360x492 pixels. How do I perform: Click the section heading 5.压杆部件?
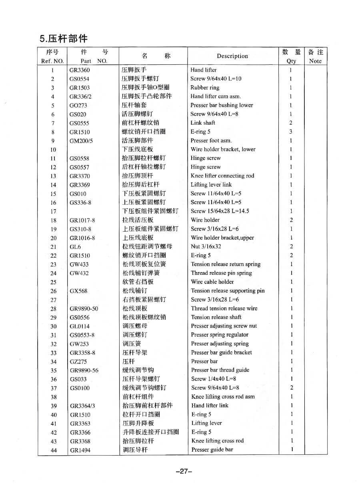click(x=63, y=39)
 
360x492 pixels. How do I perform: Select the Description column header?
click(x=232, y=56)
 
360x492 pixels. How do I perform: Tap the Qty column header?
click(x=291, y=56)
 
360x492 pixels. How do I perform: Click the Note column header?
click(x=315, y=56)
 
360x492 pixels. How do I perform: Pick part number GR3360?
click(x=80, y=70)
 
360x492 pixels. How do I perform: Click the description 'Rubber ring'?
click(x=205, y=88)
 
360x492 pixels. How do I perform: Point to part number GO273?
click(x=78, y=106)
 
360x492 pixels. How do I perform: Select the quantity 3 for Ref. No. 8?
click(x=291, y=132)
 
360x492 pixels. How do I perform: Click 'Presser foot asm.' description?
click(x=211, y=141)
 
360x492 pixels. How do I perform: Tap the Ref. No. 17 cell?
click(x=53, y=211)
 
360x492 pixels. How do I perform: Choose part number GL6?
click(x=75, y=247)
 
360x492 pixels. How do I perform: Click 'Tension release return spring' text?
click(x=226, y=264)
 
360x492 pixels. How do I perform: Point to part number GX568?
click(x=78, y=291)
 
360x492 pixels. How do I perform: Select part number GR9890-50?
click(x=84, y=309)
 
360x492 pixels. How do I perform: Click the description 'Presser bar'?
click(x=204, y=362)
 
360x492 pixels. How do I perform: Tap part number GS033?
click(x=78, y=379)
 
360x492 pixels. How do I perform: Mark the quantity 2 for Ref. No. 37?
click(x=291, y=388)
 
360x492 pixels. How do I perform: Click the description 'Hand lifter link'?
click(x=210, y=406)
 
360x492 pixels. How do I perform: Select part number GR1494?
click(x=80, y=450)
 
